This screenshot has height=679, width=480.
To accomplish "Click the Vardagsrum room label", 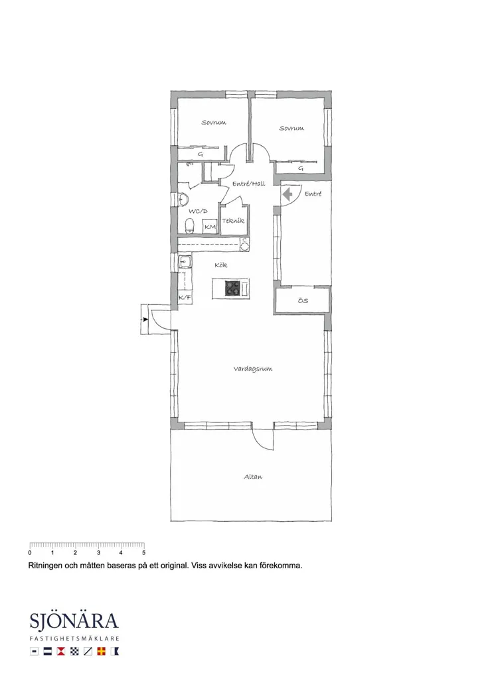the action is [253, 369].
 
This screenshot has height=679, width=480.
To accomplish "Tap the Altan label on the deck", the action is [253, 477].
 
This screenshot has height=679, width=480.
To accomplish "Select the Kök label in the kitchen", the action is [220, 265].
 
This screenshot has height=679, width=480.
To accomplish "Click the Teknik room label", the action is [233, 221].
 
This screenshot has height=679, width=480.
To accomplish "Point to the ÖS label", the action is [303, 300].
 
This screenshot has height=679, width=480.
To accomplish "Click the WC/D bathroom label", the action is [198, 212].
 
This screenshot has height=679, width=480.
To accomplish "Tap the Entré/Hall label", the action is [249, 184].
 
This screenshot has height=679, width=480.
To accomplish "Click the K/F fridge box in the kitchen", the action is [185, 297].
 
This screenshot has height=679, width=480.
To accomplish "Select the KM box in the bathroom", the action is [210, 227].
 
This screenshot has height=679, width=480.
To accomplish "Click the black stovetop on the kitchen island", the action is [232, 288].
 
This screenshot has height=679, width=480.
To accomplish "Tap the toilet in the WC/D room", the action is [189, 225].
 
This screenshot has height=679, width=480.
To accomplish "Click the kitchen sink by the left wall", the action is [186, 261].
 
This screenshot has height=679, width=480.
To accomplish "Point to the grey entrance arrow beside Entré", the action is [287, 194].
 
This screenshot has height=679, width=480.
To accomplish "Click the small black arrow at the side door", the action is [145, 320].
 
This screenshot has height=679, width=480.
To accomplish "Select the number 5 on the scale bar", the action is [143, 552].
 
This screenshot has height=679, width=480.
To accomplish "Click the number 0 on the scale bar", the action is [29, 552].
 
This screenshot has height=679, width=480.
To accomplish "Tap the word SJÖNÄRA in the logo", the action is [74, 621].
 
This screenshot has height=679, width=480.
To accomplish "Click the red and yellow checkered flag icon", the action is [102, 651].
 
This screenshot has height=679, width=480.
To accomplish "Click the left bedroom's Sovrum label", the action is [214, 123].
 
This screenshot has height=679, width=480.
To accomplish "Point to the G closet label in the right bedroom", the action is [301, 168].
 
